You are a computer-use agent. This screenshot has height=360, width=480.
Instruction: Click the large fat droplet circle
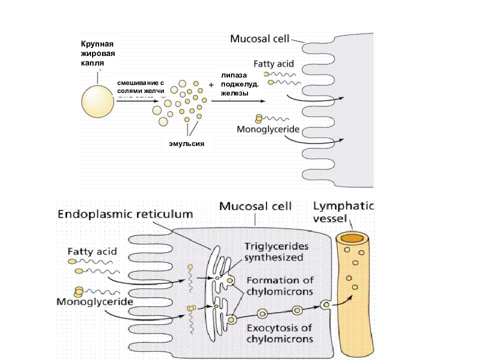coord(97,101)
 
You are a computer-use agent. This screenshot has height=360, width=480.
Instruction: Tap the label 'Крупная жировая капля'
coord(98,53)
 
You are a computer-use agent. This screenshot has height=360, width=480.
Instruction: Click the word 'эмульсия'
coord(186,143)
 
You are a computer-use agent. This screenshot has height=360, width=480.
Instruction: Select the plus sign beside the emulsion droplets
coord(211,85)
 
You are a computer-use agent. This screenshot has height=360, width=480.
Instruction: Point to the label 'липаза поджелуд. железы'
coord(239,84)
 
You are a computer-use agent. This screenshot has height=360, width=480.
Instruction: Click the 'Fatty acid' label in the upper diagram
coord(273,63)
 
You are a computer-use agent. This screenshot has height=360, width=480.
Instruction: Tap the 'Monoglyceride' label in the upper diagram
coord(268,129)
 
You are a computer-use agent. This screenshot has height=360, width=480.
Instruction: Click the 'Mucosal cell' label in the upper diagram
coord(259,39)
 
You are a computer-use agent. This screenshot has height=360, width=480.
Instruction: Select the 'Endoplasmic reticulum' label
coord(125,214)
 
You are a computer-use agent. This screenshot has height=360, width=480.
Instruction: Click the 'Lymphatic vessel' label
coord(343,212)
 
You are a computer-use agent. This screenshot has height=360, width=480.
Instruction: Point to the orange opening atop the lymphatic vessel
coord(352,238)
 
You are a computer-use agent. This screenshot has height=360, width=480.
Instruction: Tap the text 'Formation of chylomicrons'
coord(280,286)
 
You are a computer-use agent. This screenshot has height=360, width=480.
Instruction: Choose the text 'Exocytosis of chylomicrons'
coord(280,333)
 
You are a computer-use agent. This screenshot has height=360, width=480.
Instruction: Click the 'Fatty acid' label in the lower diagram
coord(92,251)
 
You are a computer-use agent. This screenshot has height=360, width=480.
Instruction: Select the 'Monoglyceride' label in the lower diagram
coord(95,302)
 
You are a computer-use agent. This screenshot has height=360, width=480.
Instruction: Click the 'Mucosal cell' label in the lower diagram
coord(255,206)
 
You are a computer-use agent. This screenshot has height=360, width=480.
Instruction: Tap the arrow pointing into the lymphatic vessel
coord(343,301)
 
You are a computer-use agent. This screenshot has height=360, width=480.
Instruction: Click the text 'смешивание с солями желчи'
coord(141,87)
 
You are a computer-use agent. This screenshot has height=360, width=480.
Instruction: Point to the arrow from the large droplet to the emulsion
coord(137,101)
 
